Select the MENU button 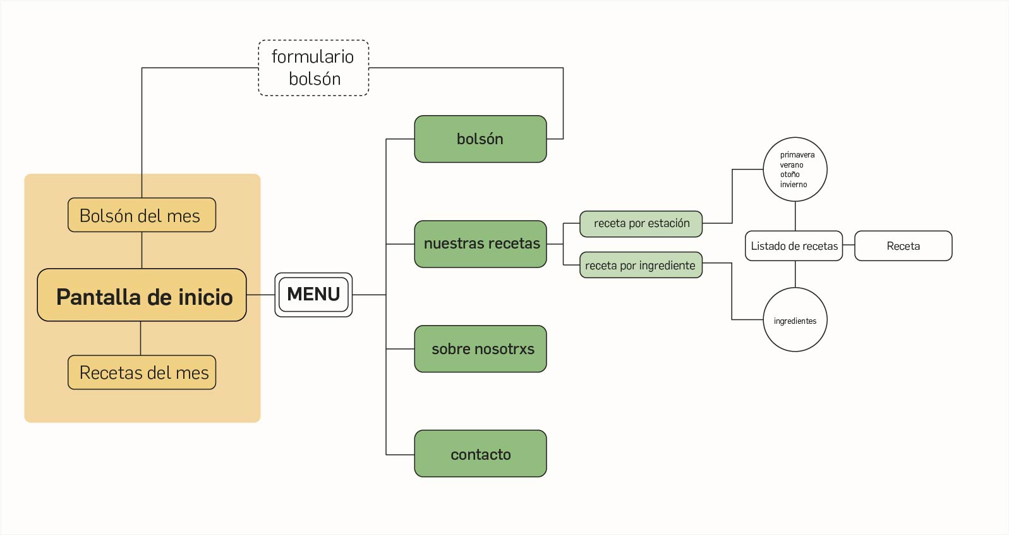[313, 295]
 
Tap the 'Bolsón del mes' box [142, 215]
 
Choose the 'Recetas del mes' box [142, 372]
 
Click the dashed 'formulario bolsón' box [313, 68]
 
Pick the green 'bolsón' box [480, 139]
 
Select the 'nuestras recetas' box [480, 244]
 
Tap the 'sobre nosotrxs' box [480, 349]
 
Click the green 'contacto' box [480, 454]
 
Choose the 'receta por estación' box [641, 224]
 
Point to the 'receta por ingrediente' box [641, 266]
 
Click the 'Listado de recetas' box [794, 246]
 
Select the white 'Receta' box [903, 246]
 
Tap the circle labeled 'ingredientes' [795, 320]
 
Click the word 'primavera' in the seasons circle [797, 155]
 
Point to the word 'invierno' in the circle [794, 185]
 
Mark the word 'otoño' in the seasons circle [790, 175]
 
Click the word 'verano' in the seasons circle [792, 165]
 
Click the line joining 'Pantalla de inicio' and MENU [260, 295]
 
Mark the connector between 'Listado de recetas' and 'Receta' [849, 246]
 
